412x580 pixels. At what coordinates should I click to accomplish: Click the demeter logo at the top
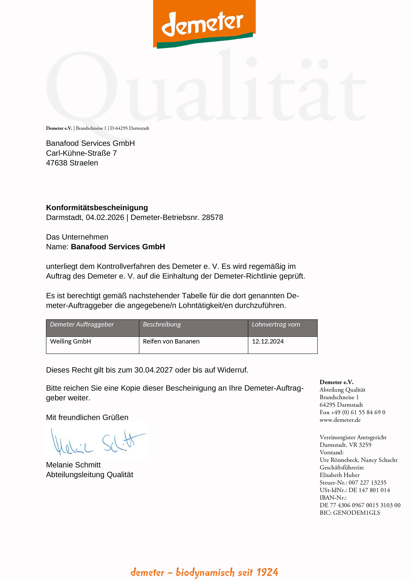pyautogui.click(x=204, y=24)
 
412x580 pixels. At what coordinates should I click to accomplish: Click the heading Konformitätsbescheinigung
pyautogui.click(x=97, y=208)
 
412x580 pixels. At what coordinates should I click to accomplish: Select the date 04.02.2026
pyautogui.click(x=105, y=217)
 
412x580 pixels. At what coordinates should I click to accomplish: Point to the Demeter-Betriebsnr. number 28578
pyautogui.click(x=212, y=217)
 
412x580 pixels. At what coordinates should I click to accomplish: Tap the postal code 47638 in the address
pyautogui.click(x=57, y=163)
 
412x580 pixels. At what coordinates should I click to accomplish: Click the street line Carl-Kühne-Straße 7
pyautogui.click(x=81, y=153)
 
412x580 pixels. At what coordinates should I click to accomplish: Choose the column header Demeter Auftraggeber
pyautogui.click(x=82, y=324)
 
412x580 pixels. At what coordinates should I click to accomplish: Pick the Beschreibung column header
pyautogui.click(x=162, y=324)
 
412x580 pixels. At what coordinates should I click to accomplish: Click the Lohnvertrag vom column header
pyautogui.click(x=276, y=324)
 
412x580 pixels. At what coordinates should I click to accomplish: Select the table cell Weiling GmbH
pyautogui.click(x=70, y=342)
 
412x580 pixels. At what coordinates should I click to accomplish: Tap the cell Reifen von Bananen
pyautogui.click(x=171, y=342)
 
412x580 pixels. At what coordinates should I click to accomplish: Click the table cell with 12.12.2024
pyautogui.click(x=268, y=342)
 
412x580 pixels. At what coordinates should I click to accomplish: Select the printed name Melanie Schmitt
pyautogui.click(x=73, y=465)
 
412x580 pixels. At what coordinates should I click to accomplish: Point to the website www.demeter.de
pyautogui.click(x=340, y=420)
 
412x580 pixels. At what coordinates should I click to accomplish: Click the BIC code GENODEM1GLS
pyautogui.click(x=356, y=513)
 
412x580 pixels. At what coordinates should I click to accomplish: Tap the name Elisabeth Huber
pyautogui.click(x=339, y=475)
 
